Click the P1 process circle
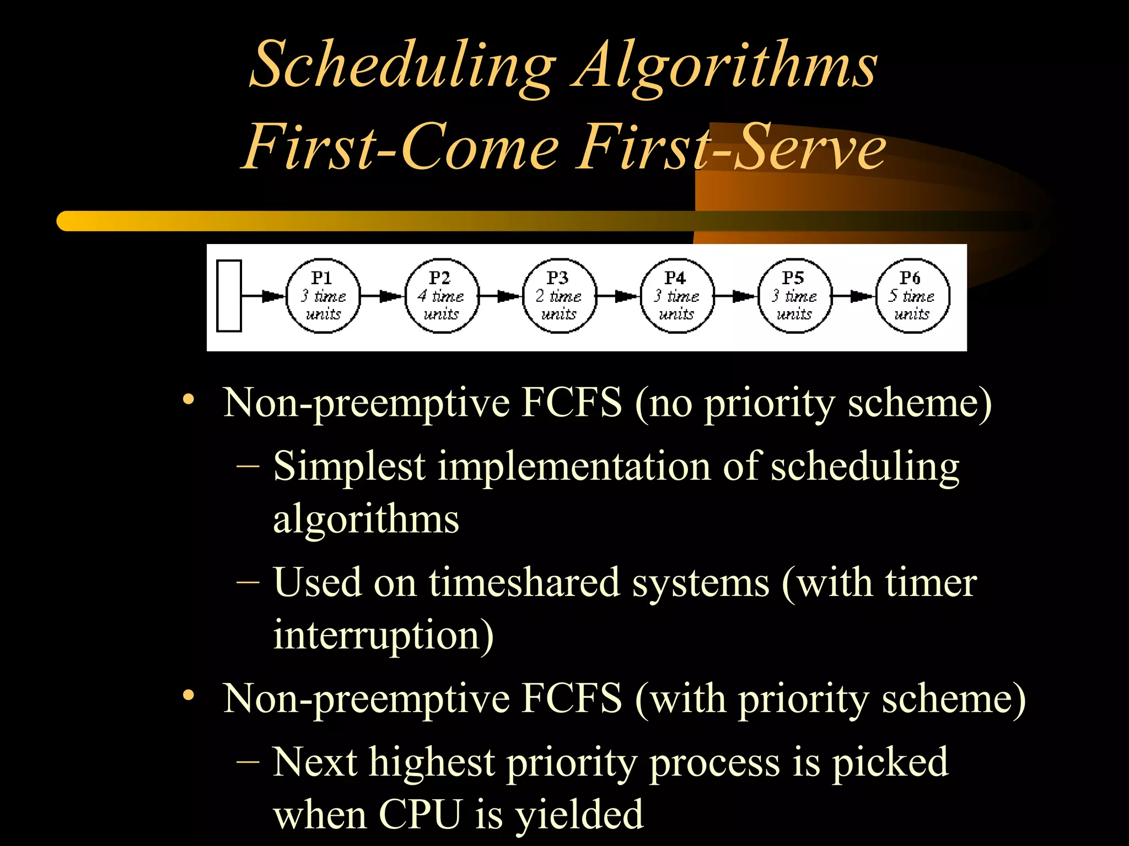click(323, 296)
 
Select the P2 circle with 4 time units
click(441, 296)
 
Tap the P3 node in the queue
click(559, 296)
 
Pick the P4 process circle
click(677, 296)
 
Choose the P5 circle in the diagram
click(794, 296)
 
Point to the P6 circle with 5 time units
click(912, 296)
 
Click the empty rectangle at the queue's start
click(229, 296)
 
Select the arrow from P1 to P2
click(383, 296)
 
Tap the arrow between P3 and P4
click(618, 296)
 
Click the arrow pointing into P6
click(853, 296)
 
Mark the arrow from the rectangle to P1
click(264, 296)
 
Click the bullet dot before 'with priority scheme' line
click(189, 696)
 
